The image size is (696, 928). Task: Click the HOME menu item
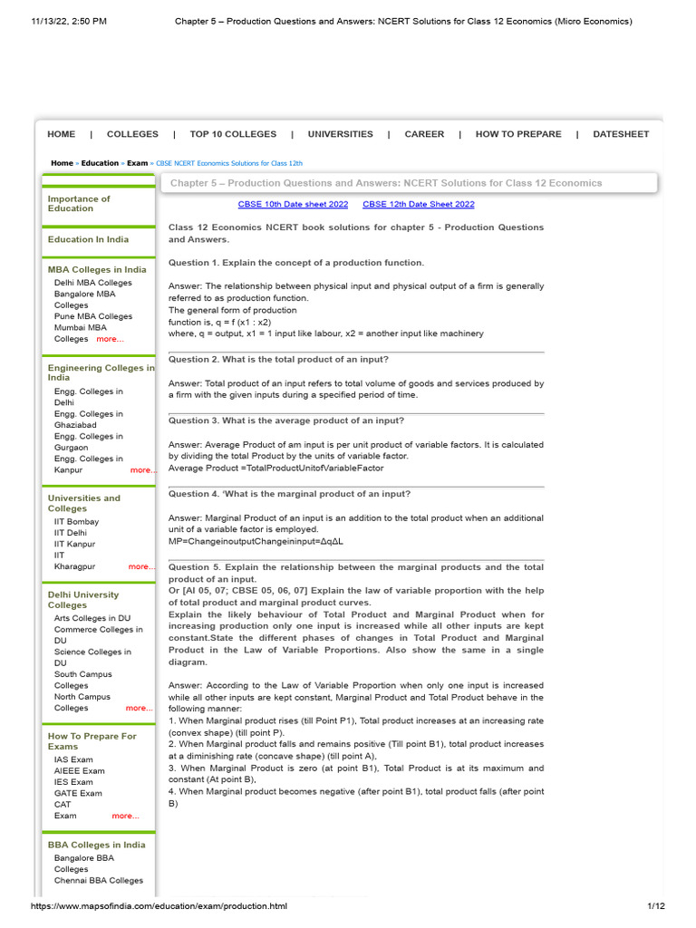(x=61, y=134)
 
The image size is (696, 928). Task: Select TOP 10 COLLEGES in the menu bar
(x=233, y=134)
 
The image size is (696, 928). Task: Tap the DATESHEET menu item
(x=621, y=134)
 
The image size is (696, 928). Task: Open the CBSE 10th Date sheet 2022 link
(x=293, y=205)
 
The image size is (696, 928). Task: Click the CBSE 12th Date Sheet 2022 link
(x=418, y=205)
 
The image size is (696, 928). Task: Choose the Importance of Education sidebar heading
(x=79, y=204)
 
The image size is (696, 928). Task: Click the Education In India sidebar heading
(x=88, y=239)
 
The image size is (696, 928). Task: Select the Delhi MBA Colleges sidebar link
(x=92, y=283)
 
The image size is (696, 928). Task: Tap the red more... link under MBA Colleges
(x=110, y=339)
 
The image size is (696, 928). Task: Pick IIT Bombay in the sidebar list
(x=76, y=522)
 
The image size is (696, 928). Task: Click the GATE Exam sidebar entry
(x=78, y=793)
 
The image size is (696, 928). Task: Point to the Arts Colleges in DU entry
(x=92, y=618)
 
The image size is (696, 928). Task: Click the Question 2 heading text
(x=278, y=360)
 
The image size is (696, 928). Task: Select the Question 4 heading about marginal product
(x=289, y=494)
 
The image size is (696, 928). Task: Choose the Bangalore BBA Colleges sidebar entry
(x=84, y=863)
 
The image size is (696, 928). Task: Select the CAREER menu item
(x=424, y=134)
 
